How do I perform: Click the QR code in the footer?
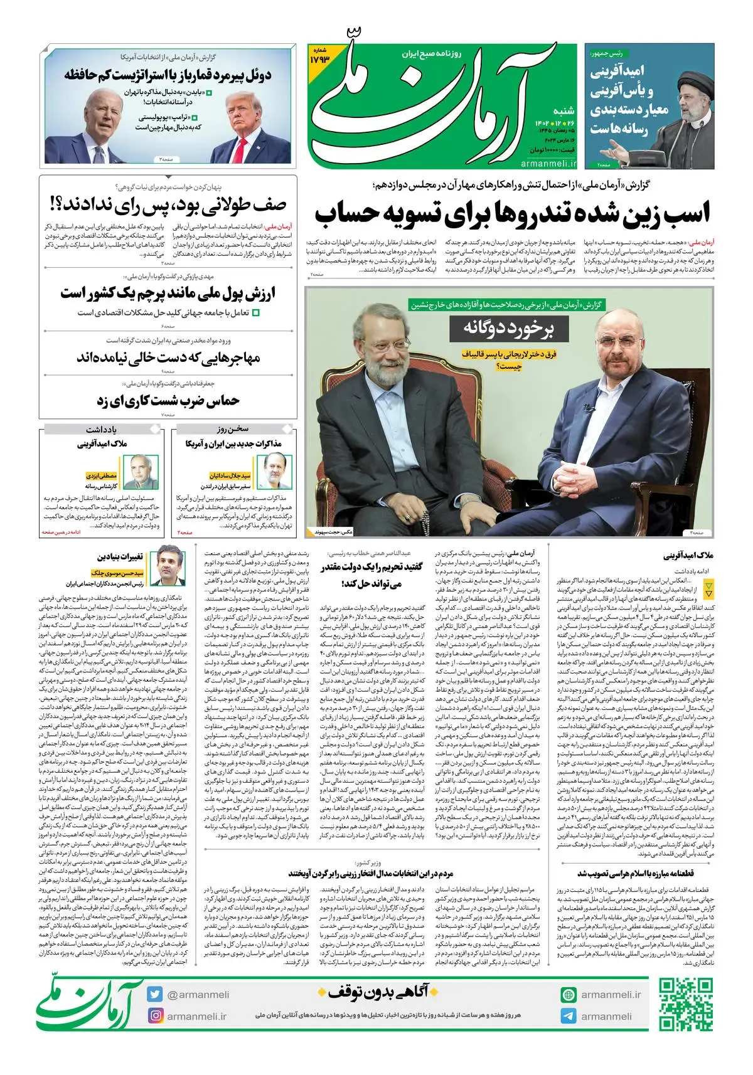(x=685, y=1004)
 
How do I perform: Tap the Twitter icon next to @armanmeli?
(x=155, y=994)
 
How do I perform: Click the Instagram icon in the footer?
(x=155, y=1015)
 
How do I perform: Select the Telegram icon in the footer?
(x=569, y=1016)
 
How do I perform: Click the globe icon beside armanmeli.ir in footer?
(x=569, y=995)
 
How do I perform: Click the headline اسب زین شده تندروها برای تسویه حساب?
(x=512, y=213)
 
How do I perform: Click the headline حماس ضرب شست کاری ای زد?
(x=168, y=400)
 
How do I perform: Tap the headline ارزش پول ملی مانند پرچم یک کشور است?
(x=168, y=294)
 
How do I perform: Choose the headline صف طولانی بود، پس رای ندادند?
(x=168, y=205)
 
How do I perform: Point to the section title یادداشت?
(x=102, y=430)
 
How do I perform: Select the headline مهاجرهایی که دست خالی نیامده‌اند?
(x=168, y=358)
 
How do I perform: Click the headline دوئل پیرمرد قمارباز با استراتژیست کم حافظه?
(x=168, y=75)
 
